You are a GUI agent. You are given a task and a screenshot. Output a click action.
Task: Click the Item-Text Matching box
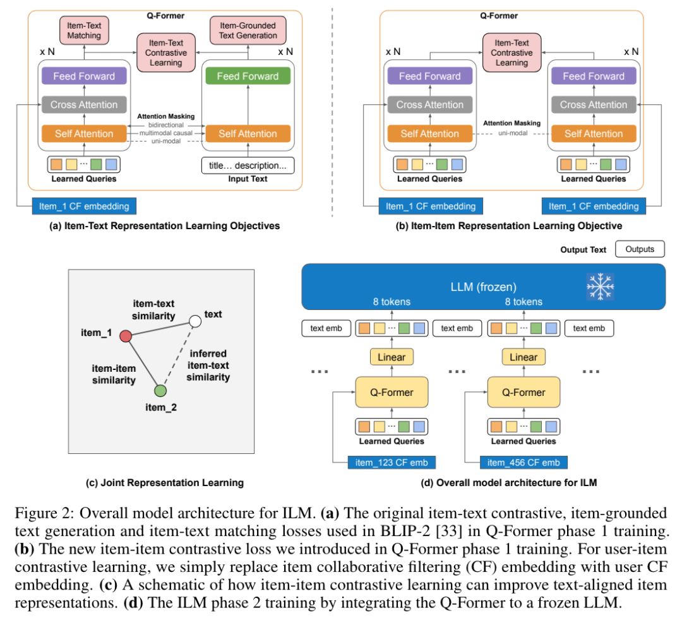pos(84,30)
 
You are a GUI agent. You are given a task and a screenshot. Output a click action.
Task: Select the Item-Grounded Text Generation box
pos(248,30)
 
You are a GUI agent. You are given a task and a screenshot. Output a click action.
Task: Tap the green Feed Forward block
pos(248,76)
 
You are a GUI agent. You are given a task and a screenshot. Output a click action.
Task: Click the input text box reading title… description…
pos(248,165)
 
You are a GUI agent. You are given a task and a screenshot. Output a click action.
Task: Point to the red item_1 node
pos(126,336)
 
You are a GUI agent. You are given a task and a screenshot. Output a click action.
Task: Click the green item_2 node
pos(160,391)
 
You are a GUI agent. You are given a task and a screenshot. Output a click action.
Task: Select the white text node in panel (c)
pos(195,321)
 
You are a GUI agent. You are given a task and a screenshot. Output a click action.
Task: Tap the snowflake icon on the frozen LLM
pos(601,287)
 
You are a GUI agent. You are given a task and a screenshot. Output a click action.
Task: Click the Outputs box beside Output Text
pos(640,249)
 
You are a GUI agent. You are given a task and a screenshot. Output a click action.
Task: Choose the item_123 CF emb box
pos(392,462)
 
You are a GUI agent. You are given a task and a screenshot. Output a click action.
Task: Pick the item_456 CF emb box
pos(523,462)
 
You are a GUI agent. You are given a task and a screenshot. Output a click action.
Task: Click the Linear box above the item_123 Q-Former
pos(392,357)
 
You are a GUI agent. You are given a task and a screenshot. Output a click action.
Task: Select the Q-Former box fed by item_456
pos(523,392)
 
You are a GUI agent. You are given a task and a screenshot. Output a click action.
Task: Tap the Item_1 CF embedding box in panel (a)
pos(84,206)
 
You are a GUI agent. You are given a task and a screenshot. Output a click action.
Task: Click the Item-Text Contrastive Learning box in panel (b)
pos(512,52)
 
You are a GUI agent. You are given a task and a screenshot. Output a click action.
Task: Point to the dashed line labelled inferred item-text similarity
pos(178,356)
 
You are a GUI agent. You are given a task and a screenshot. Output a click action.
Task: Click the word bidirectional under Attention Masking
pos(165,125)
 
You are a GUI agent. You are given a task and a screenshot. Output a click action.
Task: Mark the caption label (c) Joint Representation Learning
pos(165,482)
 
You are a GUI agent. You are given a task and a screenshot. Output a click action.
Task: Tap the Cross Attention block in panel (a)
pos(84,105)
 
